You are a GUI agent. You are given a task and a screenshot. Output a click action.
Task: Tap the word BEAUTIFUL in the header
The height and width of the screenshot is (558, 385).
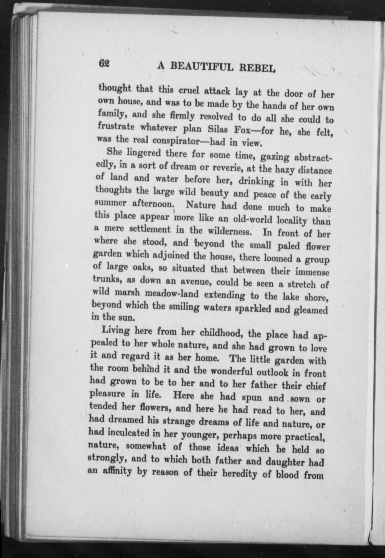tap(202, 67)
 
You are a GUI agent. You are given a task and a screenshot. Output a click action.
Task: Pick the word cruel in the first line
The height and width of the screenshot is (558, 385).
tap(189, 91)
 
